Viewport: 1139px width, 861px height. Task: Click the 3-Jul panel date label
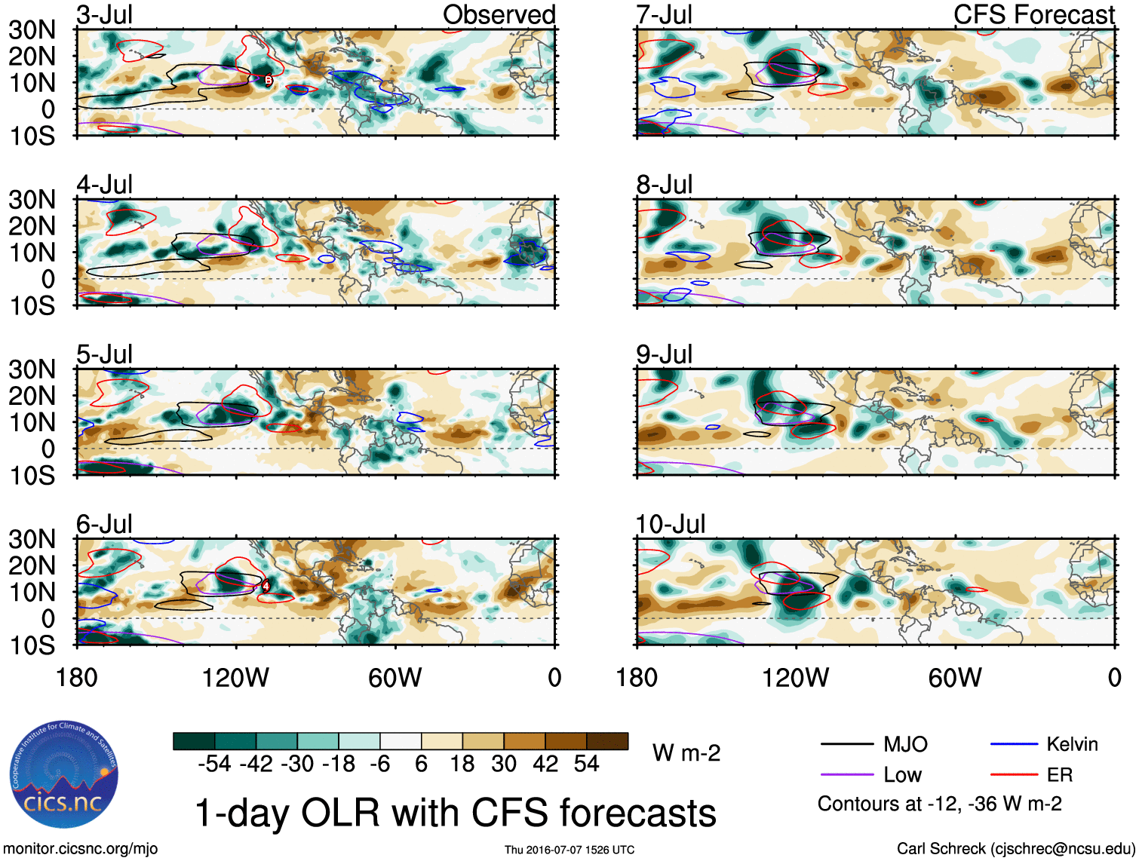[x=105, y=14]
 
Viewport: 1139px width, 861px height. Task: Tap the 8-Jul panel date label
[x=664, y=185]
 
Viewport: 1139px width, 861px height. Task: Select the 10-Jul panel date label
[x=670, y=524]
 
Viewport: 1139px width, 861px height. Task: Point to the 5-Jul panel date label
[x=105, y=354]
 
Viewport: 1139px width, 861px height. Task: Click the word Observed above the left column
[x=499, y=14]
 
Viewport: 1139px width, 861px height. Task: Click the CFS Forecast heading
[x=1033, y=14]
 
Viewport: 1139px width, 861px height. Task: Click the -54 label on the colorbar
[x=214, y=764]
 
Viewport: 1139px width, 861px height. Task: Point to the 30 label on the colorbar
[x=504, y=764]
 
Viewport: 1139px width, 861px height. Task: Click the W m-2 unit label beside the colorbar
[x=686, y=753]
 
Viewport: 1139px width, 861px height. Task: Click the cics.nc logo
[x=63, y=775]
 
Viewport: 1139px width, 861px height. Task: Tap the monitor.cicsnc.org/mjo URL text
[x=81, y=849]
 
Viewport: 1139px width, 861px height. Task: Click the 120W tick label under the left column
[x=235, y=678]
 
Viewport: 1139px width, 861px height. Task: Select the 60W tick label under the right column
[x=955, y=678]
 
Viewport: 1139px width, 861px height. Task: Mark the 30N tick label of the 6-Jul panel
[x=32, y=539]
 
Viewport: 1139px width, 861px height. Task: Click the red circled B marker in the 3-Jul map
[x=268, y=80]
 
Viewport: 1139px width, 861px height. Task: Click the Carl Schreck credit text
[x=1015, y=849]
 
